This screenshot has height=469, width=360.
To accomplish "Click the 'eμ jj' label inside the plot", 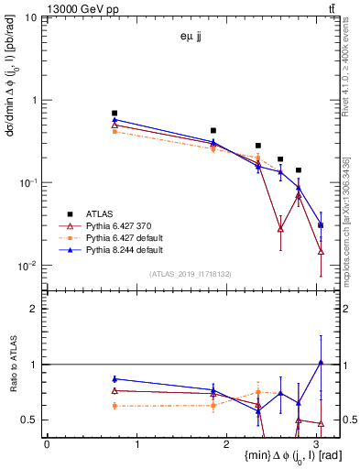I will click(x=190, y=38).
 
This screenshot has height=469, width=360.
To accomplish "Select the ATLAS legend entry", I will click(x=111, y=212).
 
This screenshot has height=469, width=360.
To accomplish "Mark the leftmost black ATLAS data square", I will click(x=115, y=113).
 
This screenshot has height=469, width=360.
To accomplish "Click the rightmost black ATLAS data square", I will click(x=321, y=224).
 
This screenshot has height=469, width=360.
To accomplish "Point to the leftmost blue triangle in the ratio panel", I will click(x=115, y=378).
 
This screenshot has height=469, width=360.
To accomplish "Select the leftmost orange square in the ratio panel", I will click(x=115, y=405).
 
